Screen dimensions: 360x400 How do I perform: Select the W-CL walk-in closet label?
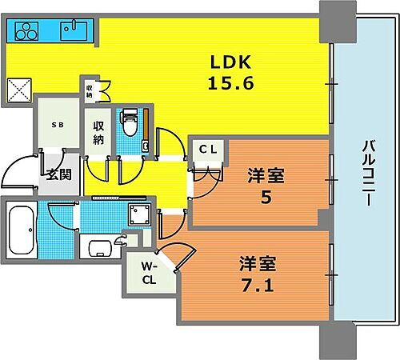click(x=150, y=274)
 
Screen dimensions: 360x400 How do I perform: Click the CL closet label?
click(x=208, y=148)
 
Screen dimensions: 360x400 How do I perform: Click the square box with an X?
click(x=18, y=88)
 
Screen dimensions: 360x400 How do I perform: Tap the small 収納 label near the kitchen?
click(x=90, y=90)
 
